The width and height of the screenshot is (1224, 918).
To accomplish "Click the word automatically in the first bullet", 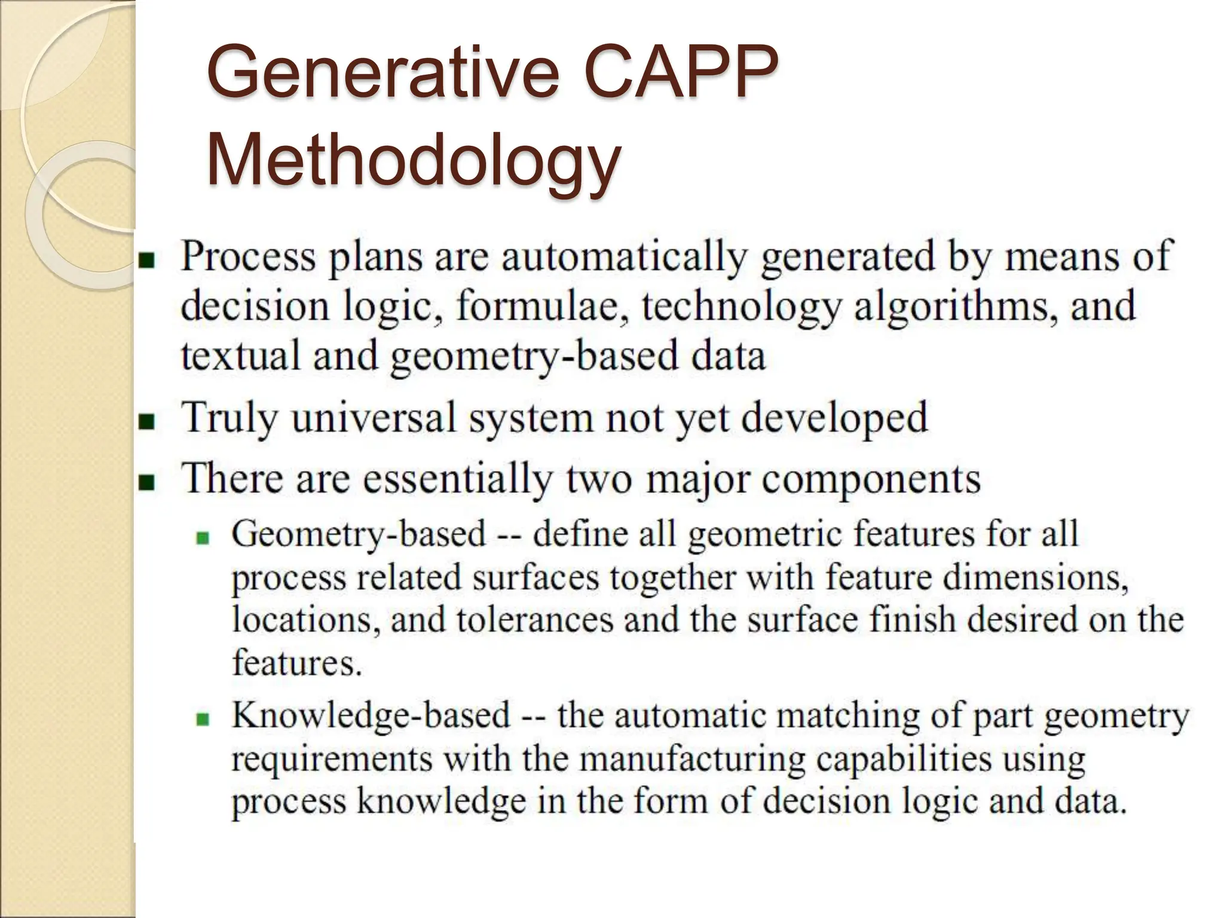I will click(623, 257).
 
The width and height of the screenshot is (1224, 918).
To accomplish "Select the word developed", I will click(835, 418).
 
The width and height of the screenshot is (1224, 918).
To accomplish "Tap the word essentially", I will click(457, 479).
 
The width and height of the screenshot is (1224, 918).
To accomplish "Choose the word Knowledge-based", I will click(371, 715).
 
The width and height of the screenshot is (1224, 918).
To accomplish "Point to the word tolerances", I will click(535, 619).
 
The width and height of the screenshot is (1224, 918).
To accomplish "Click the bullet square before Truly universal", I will click(146, 422).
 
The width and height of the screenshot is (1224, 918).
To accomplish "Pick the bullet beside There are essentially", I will click(146, 482).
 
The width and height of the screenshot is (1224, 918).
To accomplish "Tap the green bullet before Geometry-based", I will click(204, 538).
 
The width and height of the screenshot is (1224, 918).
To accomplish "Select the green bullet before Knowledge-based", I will click(204, 719).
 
